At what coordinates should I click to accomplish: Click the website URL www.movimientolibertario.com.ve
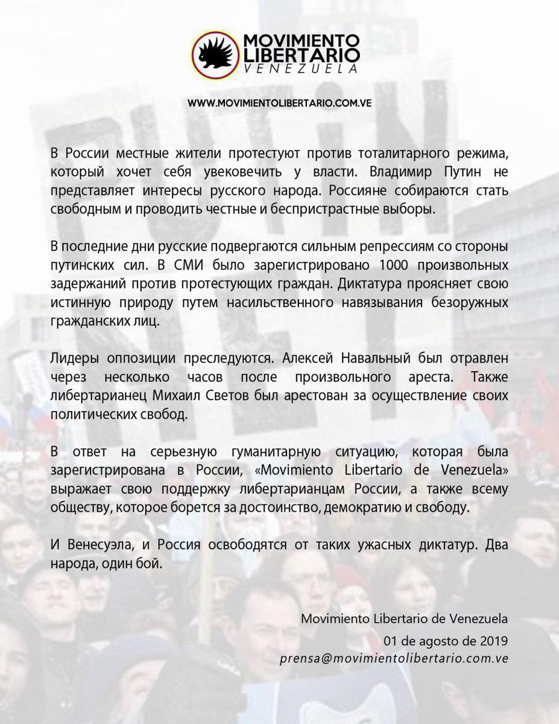(x=279, y=103)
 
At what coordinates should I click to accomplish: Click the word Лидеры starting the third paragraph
(x=74, y=358)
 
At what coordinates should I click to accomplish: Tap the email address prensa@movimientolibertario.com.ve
(x=394, y=658)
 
